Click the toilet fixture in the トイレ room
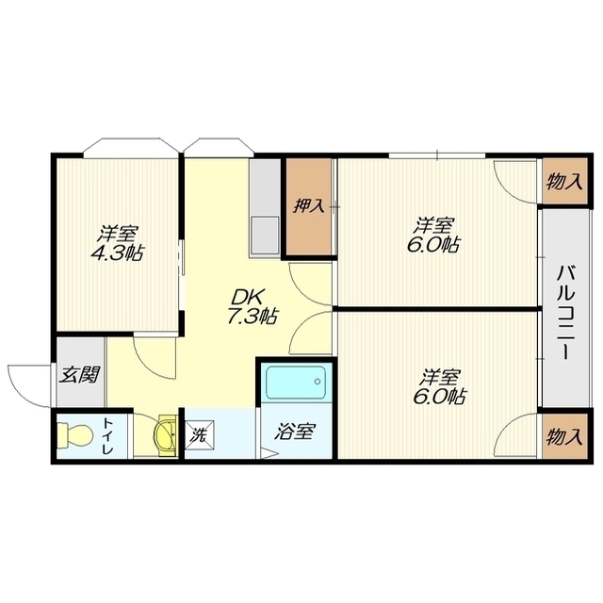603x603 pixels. (x=74, y=435)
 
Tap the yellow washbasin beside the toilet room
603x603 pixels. (x=166, y=435)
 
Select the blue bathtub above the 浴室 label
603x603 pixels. (x=296, y=383)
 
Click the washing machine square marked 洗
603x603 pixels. (x=200, y=435)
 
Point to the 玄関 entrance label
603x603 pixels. (x=79, y=375)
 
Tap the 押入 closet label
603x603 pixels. (x=309, y=206)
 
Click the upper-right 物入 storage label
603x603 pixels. (x=564, y=181)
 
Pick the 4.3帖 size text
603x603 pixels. (x=117, y=253)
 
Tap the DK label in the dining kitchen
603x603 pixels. (x=248, y=297)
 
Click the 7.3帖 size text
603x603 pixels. (x=252, y=317)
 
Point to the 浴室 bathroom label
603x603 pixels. (x=295, y=432)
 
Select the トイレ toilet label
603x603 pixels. (x=107, y=436)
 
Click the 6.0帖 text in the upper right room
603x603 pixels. (x=433, y=244)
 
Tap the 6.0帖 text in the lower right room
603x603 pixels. (x=439, y=396)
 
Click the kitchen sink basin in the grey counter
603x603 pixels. (x=265, y=235)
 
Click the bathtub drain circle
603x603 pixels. (x=318, y=382)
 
